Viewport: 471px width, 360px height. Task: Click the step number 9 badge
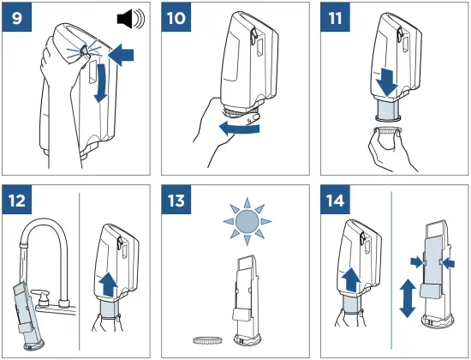(x=17, y=17)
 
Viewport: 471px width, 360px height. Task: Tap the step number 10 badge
(x=176, y=17)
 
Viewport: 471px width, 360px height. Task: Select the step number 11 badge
(x=335, y=17)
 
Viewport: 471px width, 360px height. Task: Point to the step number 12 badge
(x=17, y=200)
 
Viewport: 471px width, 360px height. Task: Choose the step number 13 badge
(x=176, y=200)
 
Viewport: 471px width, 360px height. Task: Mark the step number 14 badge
(x=335, y=200)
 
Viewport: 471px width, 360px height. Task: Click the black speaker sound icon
(x=131, y=19)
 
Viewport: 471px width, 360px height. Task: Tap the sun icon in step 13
(x=247, y=222)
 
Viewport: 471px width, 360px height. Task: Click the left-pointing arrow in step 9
(x=121, y=55)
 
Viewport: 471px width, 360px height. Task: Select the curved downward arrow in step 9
(x=102, y=82)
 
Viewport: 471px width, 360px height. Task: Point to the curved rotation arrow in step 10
(x=240, y=129)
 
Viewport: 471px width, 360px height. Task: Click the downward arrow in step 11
(x=388, y=82)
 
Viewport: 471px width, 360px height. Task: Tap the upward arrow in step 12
(x=110, y=285)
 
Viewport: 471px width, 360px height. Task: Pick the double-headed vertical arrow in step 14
(x=408, y=298)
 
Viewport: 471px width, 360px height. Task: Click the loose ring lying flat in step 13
(x=208, y=340)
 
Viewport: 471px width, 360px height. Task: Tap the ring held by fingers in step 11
(x=387, y=131)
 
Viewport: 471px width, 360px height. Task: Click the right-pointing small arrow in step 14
(x=417, y=262)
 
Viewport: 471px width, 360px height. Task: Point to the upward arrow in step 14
(x=351, y=280)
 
